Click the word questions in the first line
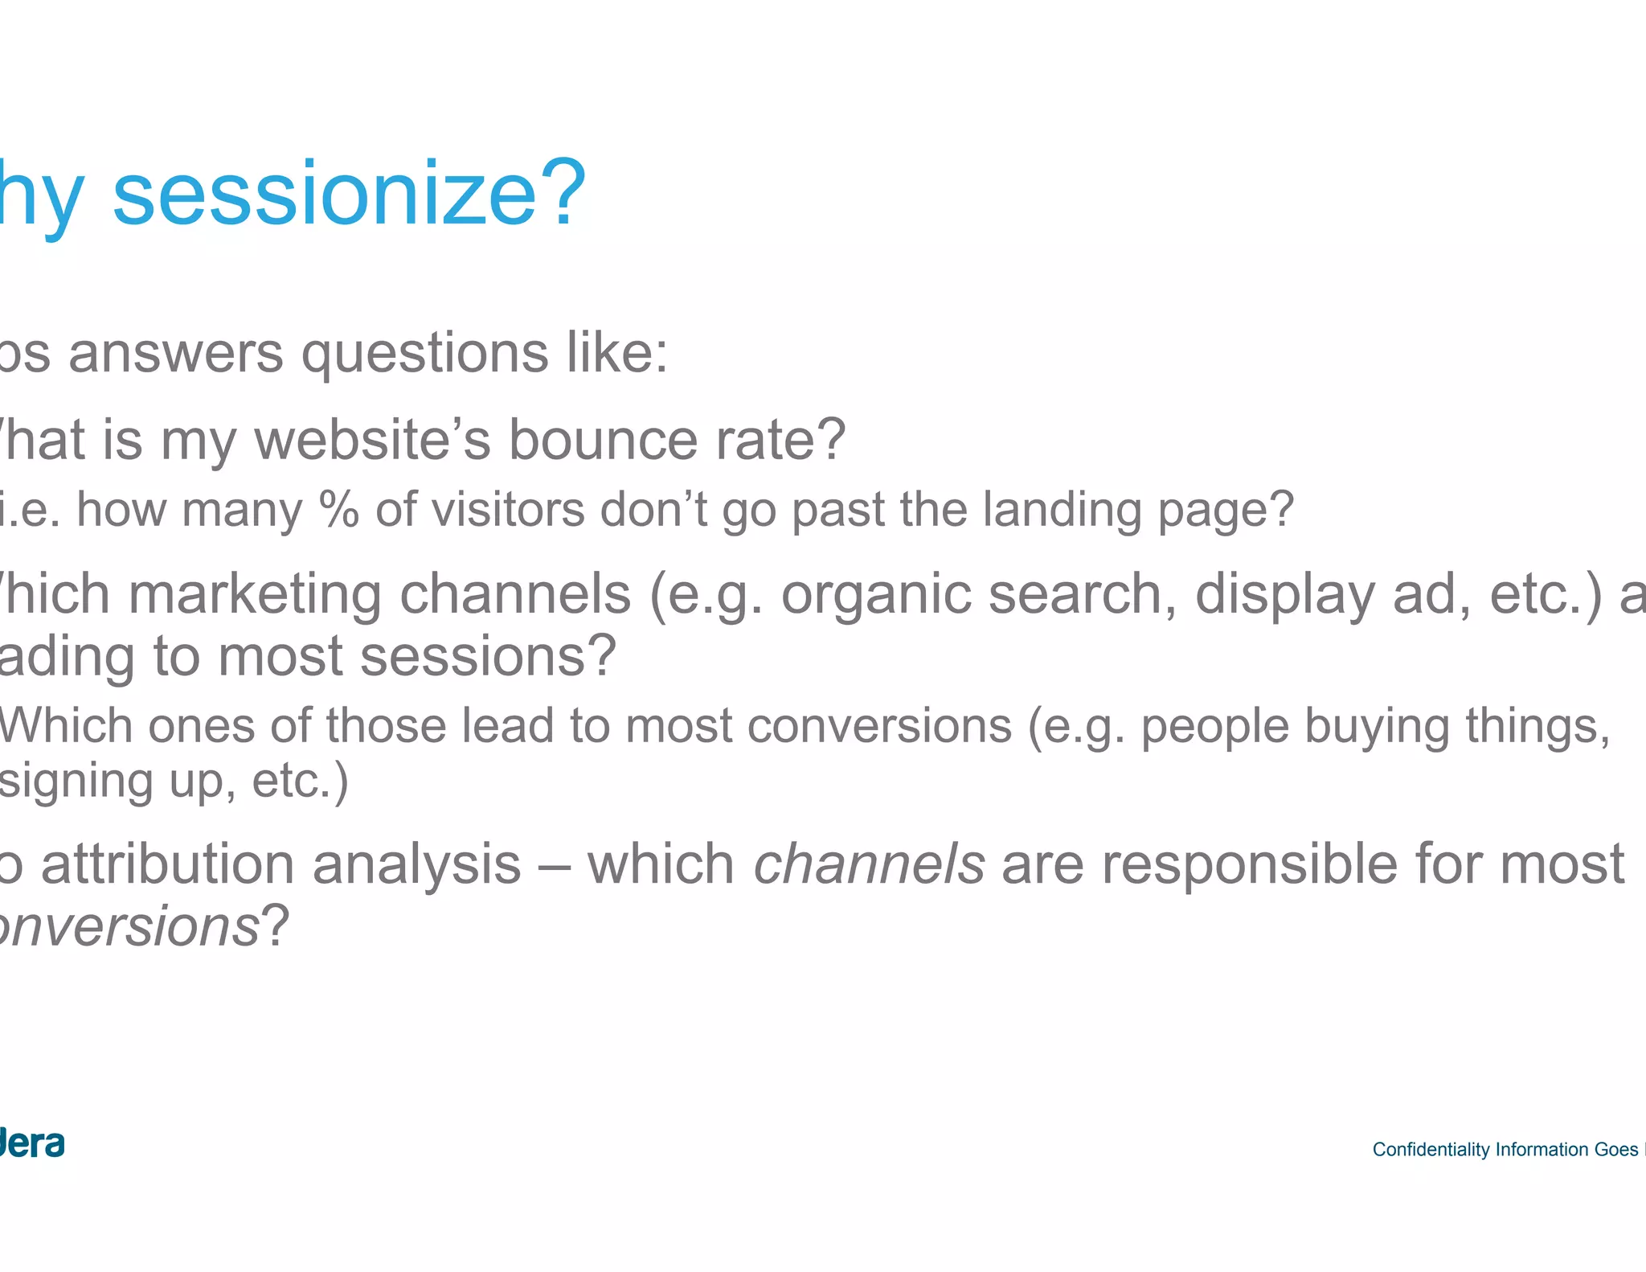424,355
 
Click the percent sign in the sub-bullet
338,510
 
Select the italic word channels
869,865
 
